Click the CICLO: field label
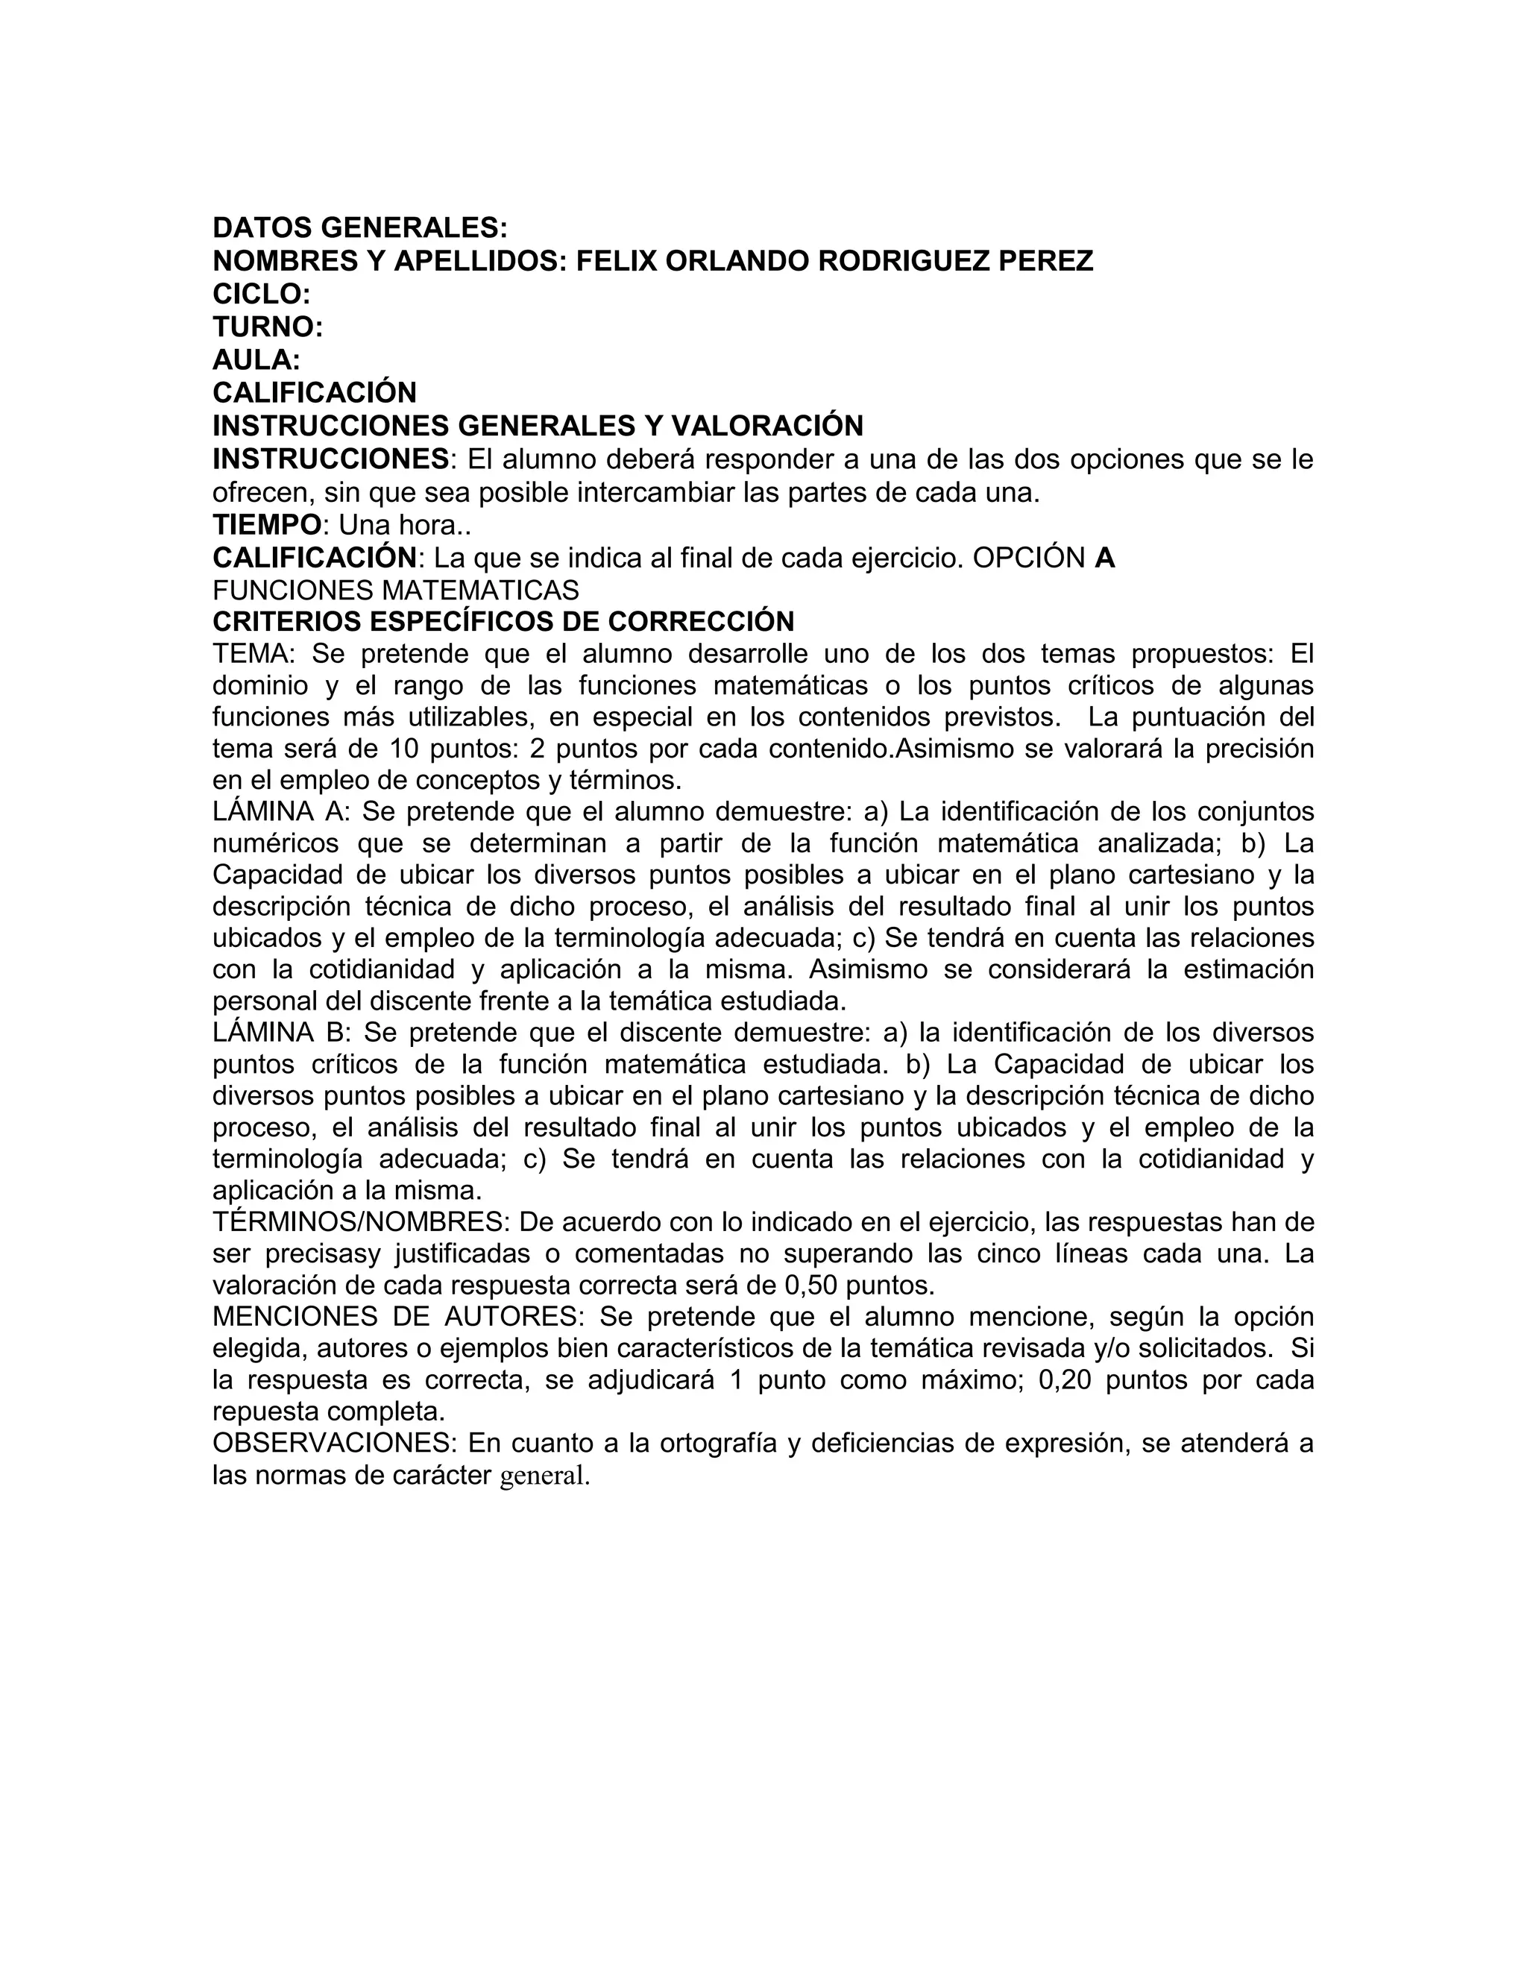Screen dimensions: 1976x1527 [x=262, y=294]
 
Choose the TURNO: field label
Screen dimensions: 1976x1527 [x=268, y=327]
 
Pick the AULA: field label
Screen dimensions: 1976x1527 [x=256, y=360]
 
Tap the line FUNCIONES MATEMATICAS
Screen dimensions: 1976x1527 [x=395, y=591]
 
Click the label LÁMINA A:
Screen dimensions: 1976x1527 [x=280, y=811]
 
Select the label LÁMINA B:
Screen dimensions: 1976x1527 [x=280, y=1032]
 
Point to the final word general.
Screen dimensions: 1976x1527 [x=544, y=1476]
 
